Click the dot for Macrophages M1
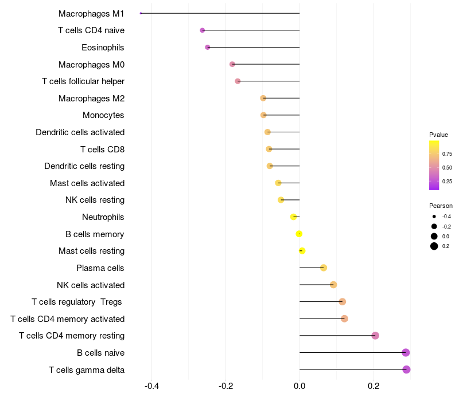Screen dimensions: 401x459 click(141, 13)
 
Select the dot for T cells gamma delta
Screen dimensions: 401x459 click(406, 369)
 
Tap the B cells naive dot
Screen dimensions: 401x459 click(406, 352)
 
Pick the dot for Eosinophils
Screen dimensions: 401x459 click(208, 47)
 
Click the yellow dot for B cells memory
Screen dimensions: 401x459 click(299, 234)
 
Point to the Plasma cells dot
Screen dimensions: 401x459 click(324, 268)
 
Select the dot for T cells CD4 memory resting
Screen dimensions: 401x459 click(375, 336)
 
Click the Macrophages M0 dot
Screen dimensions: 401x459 click(232, 64)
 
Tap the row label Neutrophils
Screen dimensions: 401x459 click(103, 217)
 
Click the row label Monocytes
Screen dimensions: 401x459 click(103, 115)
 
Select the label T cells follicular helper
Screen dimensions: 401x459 click(83, 81)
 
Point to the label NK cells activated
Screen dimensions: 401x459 click(91, 285)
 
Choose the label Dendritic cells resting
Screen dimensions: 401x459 click(84, 166)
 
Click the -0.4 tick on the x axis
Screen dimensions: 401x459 click(151, 386)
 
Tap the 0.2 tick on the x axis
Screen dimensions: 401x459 click(374, 386)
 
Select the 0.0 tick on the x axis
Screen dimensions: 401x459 click(299, 386)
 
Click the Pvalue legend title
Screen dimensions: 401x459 click(438, 135)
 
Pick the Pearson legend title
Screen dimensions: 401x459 click(441, 206)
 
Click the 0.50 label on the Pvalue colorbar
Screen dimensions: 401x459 click(446, 167)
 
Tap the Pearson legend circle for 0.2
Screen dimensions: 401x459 click(434, 246)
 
